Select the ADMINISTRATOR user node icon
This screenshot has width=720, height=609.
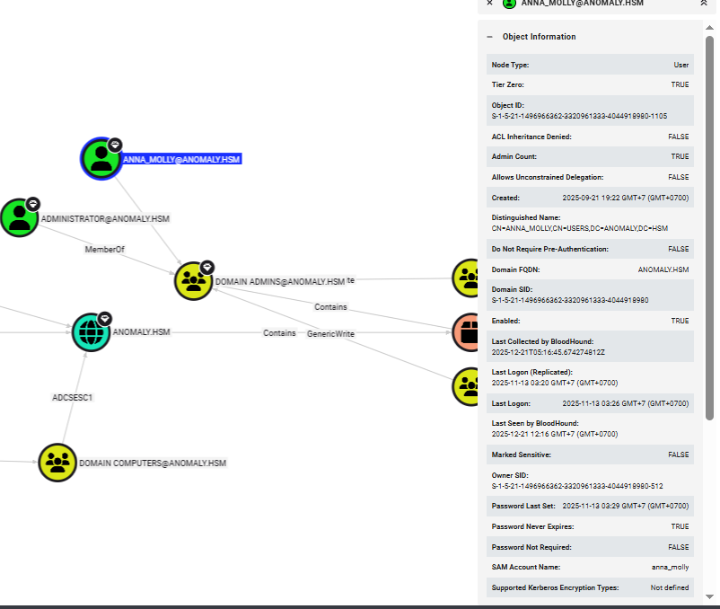[x=19, y=218]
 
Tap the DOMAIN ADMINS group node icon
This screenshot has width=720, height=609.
[x=193, y=281]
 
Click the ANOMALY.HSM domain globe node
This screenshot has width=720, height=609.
[x=91, y=332]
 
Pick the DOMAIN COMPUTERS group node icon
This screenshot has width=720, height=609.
[x=58, y=463]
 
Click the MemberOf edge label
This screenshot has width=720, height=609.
[x=105, y=249]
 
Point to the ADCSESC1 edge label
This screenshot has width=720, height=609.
[x=72, y=396]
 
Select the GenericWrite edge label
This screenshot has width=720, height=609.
[x=330, y=333]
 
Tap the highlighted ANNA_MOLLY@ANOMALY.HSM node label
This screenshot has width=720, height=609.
[x=182, y=159]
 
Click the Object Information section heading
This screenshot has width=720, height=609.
[x=539, y=37]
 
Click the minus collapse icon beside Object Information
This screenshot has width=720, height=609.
[x=489, y=37]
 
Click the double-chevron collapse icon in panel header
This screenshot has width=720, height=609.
[x=704, y=4]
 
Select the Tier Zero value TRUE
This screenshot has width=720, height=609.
[x=680, y=84]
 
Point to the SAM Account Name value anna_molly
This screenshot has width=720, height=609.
[x=670, y=568]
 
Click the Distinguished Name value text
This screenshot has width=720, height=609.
[x=579, y=228]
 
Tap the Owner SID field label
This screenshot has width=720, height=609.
[x=511, y=475]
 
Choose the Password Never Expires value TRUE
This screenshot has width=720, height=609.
[x=680, y=526]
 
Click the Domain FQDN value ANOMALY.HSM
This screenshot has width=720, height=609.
[x=663, y=269]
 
